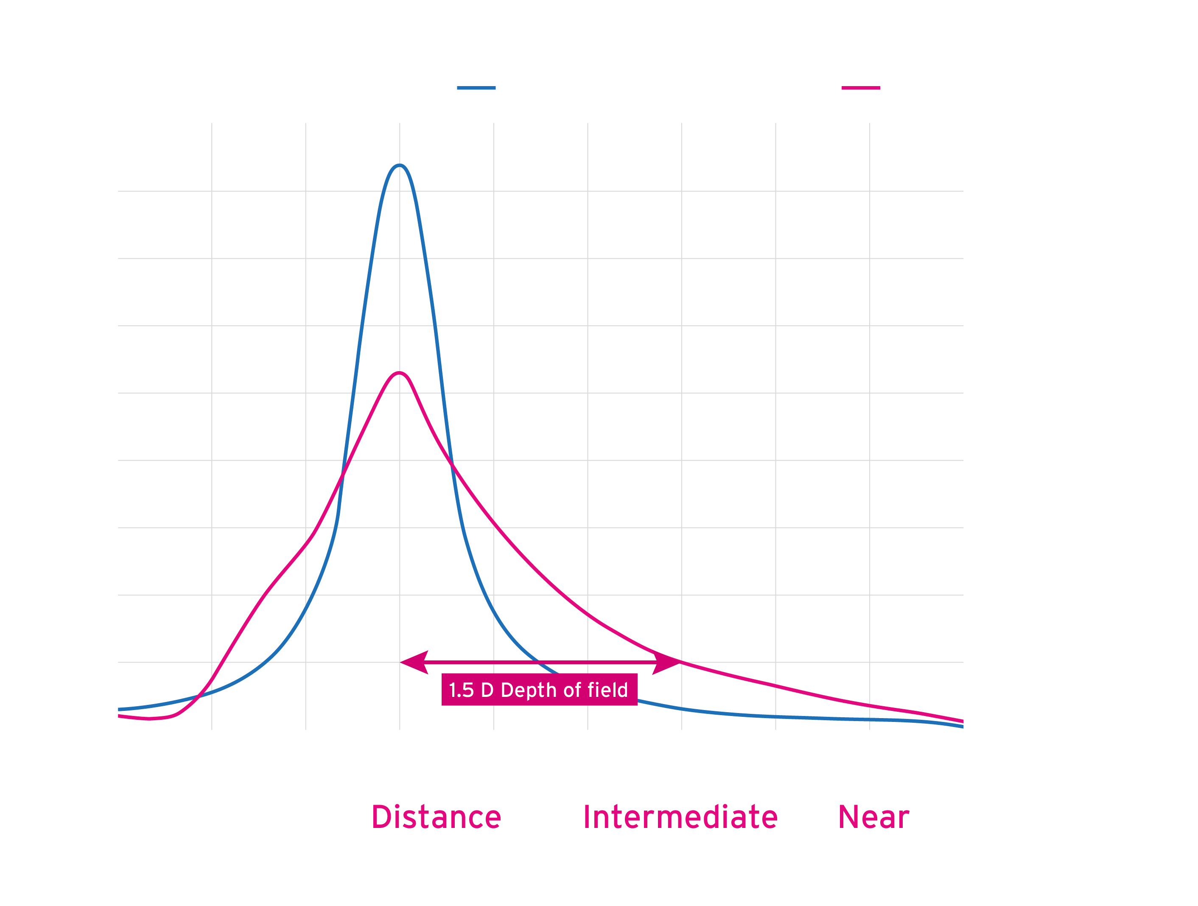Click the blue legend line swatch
click(x=476, y=88)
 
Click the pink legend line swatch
click(x=861, y=88)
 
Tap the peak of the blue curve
click(x=400, y=165)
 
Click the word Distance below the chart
click(x=437, y=817)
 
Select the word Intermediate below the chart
click(x=680, y=817)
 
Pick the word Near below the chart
click(x=873, y=817)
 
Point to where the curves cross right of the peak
click(x=453, y=464)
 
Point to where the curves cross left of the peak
click(x=342, y=477)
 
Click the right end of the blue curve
click(x=961, y=727)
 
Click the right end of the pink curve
click(x=961, y=721)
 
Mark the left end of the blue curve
click(x=120, y=709)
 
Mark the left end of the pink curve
click(x=120, y=716)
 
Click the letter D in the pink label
click(x=487, y=691)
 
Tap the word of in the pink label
click(x=571, y=691)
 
